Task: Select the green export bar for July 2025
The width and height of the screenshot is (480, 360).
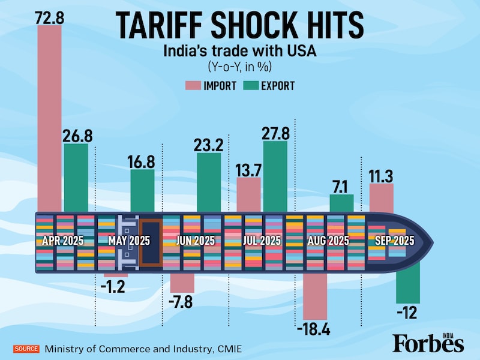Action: (275, 176)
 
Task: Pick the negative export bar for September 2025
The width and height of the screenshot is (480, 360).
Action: (408, 284)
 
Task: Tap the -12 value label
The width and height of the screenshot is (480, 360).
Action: (408, 313)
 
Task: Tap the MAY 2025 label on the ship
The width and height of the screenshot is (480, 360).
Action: (129, 241)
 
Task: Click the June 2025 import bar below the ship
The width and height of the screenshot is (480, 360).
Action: (182, 282)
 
